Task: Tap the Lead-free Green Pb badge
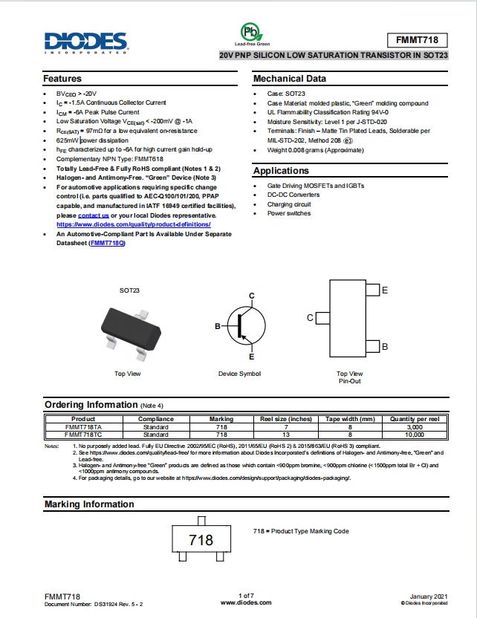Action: pos(253,32)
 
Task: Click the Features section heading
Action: pos(62,79)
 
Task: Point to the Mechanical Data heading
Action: pos(289,79)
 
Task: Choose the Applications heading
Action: pos(281,171)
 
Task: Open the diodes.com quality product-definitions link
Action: pos(134,224)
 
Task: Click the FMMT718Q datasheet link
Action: pos(107,243)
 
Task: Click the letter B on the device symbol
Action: pos(218,326)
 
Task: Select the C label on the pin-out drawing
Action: pos(310,318)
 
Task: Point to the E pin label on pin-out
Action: pos(384,290)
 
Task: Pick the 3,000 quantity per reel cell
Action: pos(415,427)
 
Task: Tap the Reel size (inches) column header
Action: pos(285,419)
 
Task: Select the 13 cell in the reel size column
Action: pos(285,435)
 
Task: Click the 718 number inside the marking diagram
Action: pos(201,540)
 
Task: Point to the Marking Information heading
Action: pos(88,504)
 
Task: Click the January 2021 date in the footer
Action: pos(429,596)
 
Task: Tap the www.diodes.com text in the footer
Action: pos(246,602)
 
